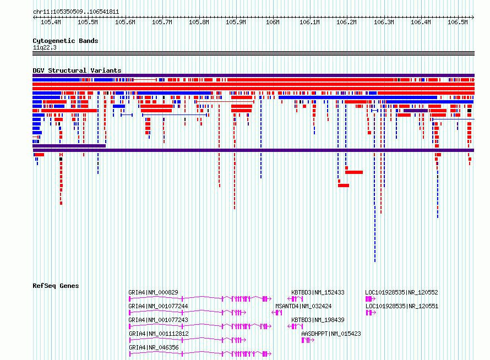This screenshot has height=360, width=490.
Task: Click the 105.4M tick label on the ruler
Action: pos(51,22)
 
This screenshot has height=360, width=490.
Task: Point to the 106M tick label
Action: pos(273,22)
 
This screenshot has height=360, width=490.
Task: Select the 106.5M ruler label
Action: pos(458,22)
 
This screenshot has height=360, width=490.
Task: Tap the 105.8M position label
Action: pos(199,22)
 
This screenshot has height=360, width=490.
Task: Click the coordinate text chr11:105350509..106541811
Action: pos(76,12)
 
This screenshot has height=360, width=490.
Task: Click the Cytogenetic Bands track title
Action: pos(66,41)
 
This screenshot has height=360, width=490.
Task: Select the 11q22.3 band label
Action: pos(45,47)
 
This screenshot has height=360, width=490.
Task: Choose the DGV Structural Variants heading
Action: pos(77,70)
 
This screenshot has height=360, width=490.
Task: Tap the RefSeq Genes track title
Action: pos(56,286)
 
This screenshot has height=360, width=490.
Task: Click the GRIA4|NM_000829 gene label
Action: pos(153,292)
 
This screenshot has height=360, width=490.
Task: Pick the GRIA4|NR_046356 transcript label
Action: pos(154,347)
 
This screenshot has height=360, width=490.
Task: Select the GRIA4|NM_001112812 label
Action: pos(159,334)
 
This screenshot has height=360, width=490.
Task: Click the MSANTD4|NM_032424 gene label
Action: pos(303,306)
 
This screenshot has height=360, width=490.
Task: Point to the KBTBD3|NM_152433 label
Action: pos(318,292)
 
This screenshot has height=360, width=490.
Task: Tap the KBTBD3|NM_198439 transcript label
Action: pos(318,320)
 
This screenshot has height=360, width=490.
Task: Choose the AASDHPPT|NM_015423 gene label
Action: pos(331,334)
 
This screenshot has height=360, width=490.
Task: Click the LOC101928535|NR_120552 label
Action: pos(401,292)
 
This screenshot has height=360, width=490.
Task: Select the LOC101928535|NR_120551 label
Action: pos(402,306)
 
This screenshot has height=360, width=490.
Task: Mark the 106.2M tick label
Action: pos(346,22)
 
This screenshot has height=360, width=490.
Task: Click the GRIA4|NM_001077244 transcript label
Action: pos(158,306)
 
